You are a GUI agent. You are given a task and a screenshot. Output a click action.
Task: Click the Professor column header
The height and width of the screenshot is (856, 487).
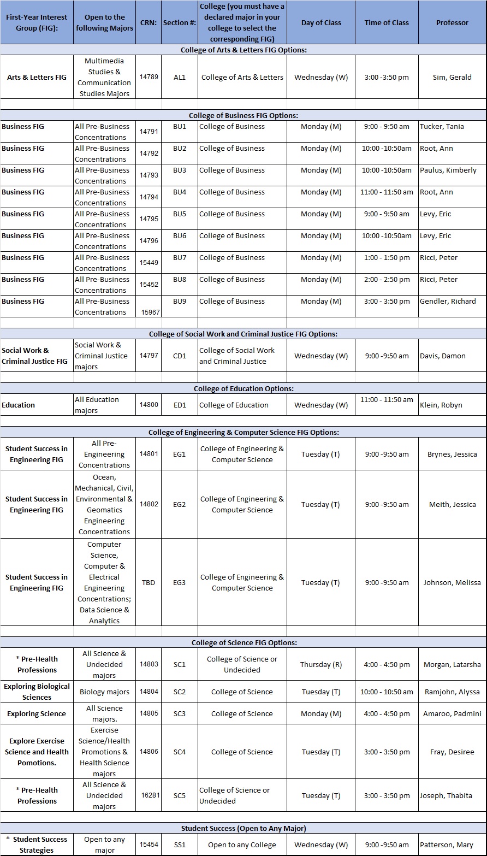click(452, 23)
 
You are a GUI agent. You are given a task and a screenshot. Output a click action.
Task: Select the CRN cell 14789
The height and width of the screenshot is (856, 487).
click(149, 77)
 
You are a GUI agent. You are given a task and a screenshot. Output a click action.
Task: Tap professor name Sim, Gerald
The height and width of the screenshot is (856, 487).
click(452, 77)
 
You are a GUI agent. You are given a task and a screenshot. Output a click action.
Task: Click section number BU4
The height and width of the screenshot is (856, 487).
click(180, 192)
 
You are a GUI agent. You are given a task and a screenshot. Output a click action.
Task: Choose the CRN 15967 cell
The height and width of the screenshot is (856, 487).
click(150, 312)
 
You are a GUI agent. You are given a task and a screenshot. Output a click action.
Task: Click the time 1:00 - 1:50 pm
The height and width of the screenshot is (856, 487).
click(387, 257)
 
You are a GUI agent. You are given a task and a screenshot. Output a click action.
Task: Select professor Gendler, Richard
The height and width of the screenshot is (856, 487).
click(448, 301)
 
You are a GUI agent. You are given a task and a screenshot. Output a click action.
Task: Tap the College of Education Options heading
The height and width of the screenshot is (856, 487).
click(243, 388)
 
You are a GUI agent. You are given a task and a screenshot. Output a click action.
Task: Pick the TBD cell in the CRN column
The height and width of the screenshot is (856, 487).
click(149, 582)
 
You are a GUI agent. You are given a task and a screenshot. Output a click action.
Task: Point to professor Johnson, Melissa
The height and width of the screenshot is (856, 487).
click(452, 582)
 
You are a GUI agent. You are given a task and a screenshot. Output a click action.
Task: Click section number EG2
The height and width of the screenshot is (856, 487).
click(180, 504)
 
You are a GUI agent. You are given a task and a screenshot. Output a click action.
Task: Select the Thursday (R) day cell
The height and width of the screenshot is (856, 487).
click(321, 664)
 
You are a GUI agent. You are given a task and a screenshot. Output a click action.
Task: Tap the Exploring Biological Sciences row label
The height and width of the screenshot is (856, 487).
click(37, 692)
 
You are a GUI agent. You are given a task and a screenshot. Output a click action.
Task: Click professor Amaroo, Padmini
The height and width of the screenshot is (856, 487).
click(452, 713)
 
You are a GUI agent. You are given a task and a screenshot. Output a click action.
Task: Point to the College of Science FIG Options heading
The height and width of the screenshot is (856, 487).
click(243, 642)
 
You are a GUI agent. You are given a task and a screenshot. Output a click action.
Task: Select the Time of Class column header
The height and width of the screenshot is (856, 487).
click(387, 23)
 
